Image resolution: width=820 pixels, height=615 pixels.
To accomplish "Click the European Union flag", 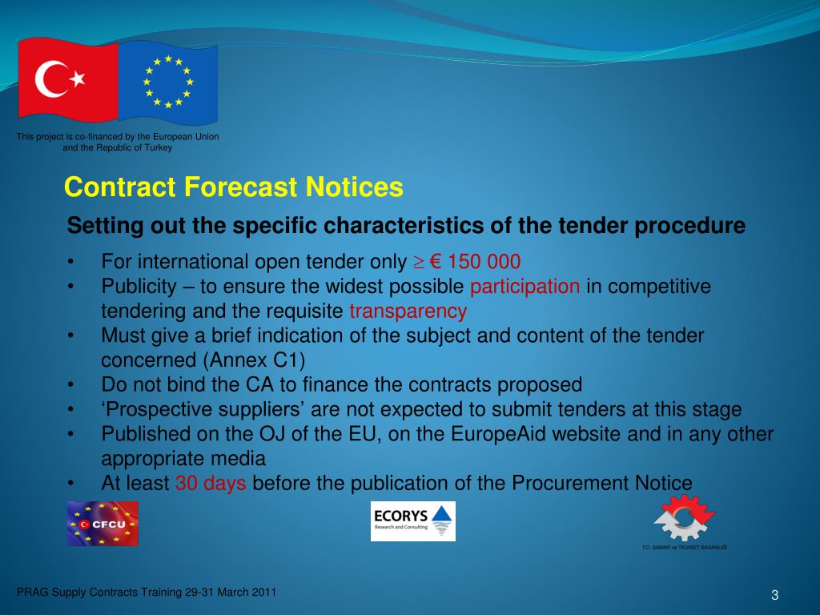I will click(x=167, y=78).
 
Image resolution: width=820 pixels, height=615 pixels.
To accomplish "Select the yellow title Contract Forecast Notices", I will click(x=234, y=187).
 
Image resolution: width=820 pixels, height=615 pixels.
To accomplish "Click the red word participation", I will click(x=525, y=287).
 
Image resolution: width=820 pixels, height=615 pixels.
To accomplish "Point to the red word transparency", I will click(x=408, y=311).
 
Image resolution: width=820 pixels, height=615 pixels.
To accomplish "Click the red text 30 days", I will click(x=211, y=483).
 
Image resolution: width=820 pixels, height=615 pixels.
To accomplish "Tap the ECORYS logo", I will click(x=412, y=521).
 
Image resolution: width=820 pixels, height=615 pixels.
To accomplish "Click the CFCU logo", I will click(x=102, y=523).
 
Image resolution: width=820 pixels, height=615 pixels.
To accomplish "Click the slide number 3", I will click(x=775, y=594).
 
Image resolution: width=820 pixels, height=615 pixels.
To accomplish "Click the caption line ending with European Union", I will click(x=118, y=137).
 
